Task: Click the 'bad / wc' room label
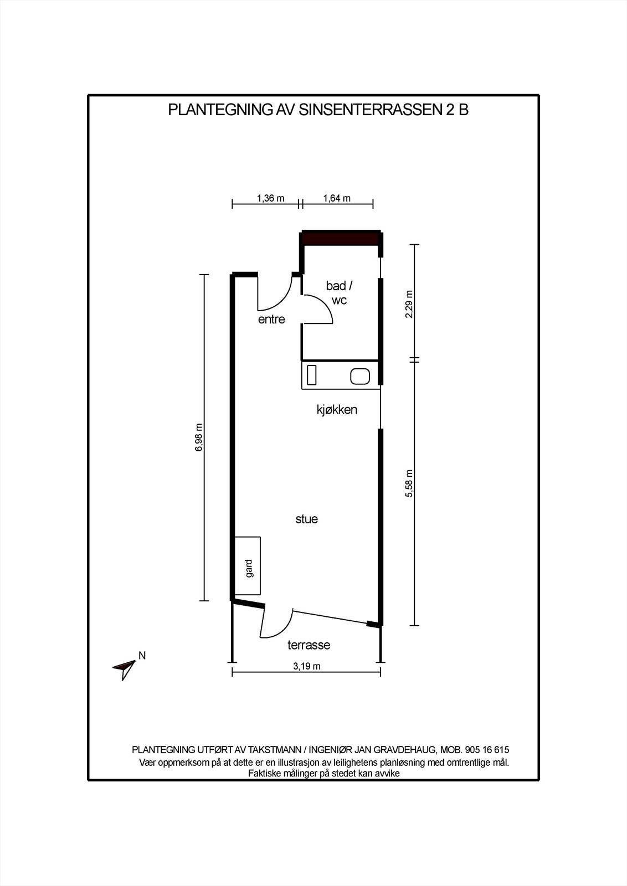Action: click(339, 293)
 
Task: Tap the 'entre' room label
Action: click(271, 319)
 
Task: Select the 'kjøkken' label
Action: click(337, 410)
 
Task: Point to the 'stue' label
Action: click(306, 519)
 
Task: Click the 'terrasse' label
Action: click(309, 645)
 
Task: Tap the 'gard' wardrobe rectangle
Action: click(248, 568)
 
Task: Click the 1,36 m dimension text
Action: click(270, 198)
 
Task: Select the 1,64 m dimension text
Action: click(337, 198)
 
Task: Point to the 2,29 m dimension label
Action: click(409, 304)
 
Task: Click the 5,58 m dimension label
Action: click(409, 483)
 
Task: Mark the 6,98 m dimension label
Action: click(199, 438)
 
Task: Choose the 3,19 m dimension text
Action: click(307, 666)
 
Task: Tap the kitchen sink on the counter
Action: click(360, 377)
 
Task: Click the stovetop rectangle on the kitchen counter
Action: click(312, 375)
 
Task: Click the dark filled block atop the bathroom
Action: click(340, 238)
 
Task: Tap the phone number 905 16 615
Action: click(487, 750)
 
